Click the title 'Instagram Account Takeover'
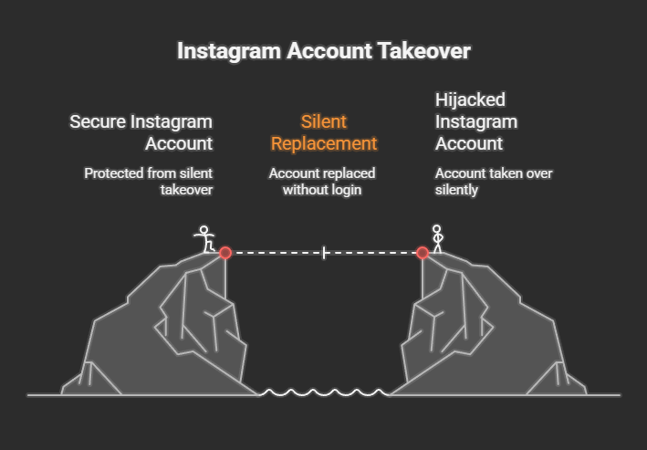pyautogui.click(x=323, y=51)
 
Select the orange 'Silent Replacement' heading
pyautogui.click(x=324, y=132)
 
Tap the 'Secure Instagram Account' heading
pyautogui.click(x=141, y=132)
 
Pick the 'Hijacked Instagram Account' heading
pyautogui.click(x=475, y=121)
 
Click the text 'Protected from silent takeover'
pyautogui.click(x=148, y=181)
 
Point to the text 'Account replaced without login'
pyautogui.click(x=321, y=181)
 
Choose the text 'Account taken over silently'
pyautogui.click(x=494, y=181)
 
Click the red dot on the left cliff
pyautogui.click(x=225, y=253)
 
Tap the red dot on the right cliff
pyautogui.click(x=423, y=253)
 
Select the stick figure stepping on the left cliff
pyautogui.click(x=205, y=239)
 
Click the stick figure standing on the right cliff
pyautogui.click(x=436, y=239)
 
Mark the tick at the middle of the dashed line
pyautogui.click(x=324, y=253)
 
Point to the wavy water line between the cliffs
pyautogui.click(x=324, y=392)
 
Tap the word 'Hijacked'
pyautogui.click(x=470, y=99)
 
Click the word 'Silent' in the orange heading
pyautogui.click(x=324, y=121)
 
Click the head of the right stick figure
pyautogui.click(x=436, y=229)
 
